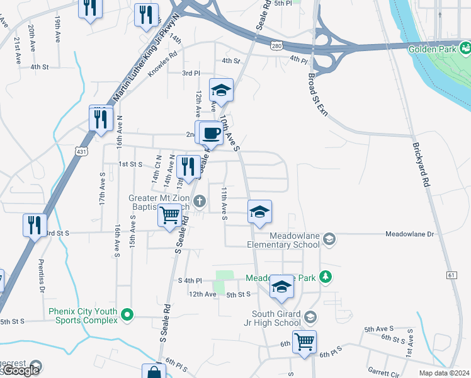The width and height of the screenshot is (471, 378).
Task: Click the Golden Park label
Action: click(x=431, y=49)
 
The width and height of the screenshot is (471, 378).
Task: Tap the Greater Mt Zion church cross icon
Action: click(x=200, y=202)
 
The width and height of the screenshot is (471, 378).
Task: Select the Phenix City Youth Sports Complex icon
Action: click(x=128, y=313)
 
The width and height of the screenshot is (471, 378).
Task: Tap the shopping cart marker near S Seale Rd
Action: click(x=171, y=215)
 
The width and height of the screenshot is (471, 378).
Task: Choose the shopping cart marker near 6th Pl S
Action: click(x=305, y=341)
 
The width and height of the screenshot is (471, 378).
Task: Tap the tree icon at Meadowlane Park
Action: click(x=326, y=276)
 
